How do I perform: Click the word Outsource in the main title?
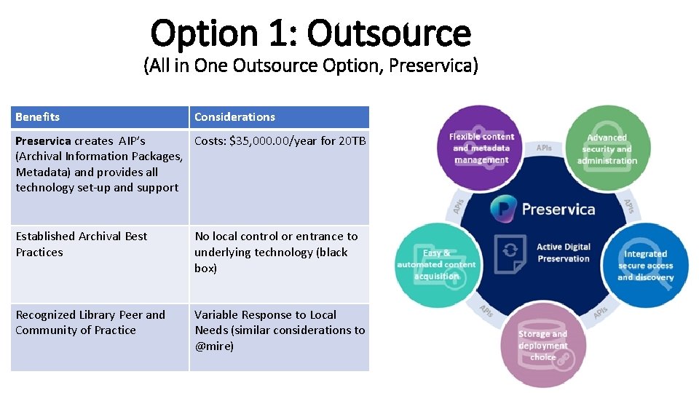(389, 33)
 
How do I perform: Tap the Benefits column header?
(38, 117)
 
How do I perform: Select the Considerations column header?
(234, 117)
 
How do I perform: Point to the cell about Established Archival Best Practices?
(81, 245)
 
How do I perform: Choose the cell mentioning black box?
(276, 253)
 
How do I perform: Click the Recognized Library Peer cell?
(90, 322)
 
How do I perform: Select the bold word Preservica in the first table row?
(44, 141)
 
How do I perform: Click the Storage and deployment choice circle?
(542, 345)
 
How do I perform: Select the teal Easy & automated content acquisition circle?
(437, 264)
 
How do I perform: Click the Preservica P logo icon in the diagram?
(505, 209)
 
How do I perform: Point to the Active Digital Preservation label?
(563, 253)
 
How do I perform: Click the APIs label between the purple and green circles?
(544, 148)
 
